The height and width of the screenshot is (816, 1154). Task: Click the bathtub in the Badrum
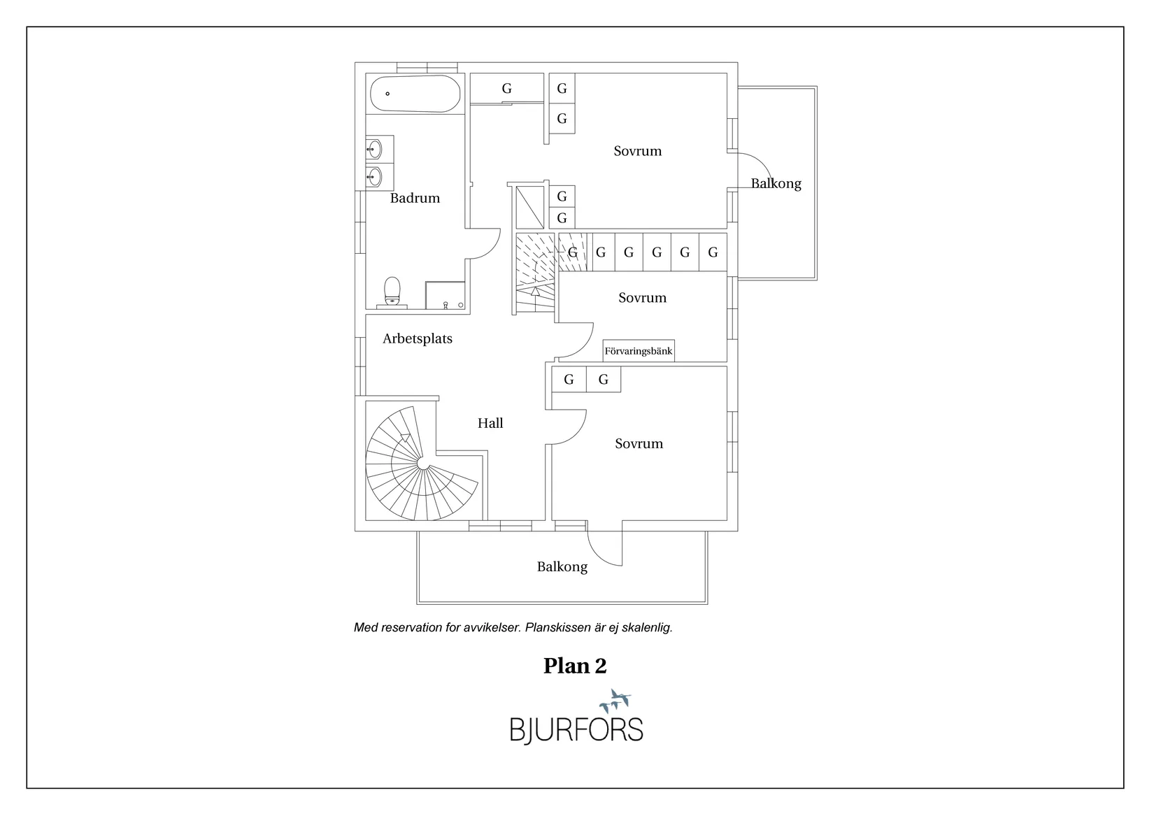pyautogui.click(x=415, y=94)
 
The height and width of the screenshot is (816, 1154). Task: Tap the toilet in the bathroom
pyautogui.click(x=392, y=292)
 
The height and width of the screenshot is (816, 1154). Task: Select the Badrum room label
pyautogui.click(x=415, y=199)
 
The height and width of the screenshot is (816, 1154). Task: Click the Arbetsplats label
pyautogui.click(x=418, y=338)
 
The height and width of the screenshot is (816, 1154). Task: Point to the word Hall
pyautogui.click(x=490, y=423)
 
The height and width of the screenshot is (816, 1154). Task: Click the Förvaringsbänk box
pyautogui.click(x=639, y=351)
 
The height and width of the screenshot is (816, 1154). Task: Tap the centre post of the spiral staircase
pyautogui.click(x=423, y=464)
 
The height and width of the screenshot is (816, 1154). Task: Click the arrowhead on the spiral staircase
pyautogui.click(x=405, y=438)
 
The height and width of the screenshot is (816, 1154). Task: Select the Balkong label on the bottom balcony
pyautogui.click(x=562, y=566)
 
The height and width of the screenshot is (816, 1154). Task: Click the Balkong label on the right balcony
pyautogui.click(x=776, y=183)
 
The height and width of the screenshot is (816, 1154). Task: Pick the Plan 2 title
pyautogui.click(x=575, y=666)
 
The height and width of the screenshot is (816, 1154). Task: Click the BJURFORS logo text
pyautogui.click(x=576, y=731)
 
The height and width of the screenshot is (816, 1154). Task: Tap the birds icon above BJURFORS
pyautogui.click(x=615, y=701)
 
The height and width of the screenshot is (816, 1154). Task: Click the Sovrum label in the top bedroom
pyautogui.click(x=637, y=151)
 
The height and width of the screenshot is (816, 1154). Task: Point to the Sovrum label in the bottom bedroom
pyautogui.click(x=639, y=443)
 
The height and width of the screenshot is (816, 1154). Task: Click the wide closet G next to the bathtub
pyautogui.click(x=507, y=89)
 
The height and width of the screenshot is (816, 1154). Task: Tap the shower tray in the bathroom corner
pyautogui.click(x=445, y=295)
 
